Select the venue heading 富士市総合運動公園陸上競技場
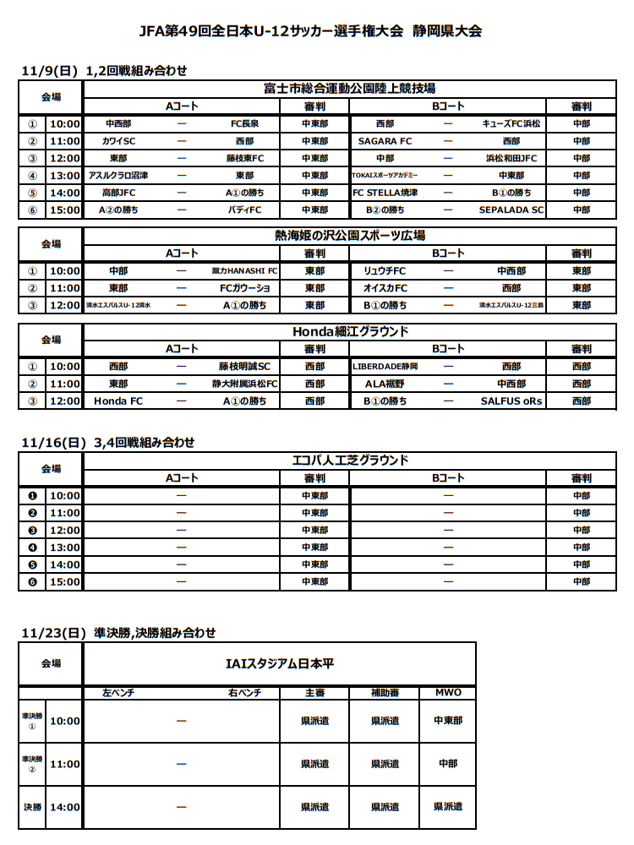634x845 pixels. pyautogui.click(x=348, y=88)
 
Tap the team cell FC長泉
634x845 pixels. pyautogui.click(x=244, y=123)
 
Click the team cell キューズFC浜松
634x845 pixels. pyautogui.click(x=511, y=123)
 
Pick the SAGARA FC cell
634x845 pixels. pyautogui.click(x=385, y=141)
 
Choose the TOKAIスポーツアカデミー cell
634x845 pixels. pyautogui.click(x=385, y=176)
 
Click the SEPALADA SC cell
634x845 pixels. pyautogui.click(x=511, y=210)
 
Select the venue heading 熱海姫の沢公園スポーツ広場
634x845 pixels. pyautogui.click(x=348, y=236)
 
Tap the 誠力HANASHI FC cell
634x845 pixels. pyautogui.click(x=244, y=271)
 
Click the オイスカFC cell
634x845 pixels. pyautogui.click(x=385, y=288)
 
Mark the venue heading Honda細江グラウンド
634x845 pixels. pyautogui.click(x=348, y=331)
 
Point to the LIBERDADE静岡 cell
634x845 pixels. pyautogui.click(x=385, y=367)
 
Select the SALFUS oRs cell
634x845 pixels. pyautogui.click(x=511, y=401)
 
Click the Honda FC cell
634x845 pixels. pyautogui.click(x=118, y=401)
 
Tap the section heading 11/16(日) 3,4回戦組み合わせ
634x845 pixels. pyautogui.click(x=108, y=442)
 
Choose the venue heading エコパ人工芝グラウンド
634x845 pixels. pyautogui.click(x=348, y=461)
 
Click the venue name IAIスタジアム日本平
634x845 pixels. pyautogui.click(x=279, y=663)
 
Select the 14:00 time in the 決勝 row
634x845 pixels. pyautogui.click(x=65, y=807)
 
